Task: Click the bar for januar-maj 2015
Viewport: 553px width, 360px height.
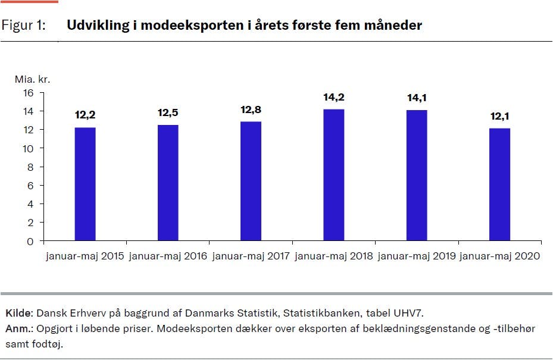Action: [x=85, y=184]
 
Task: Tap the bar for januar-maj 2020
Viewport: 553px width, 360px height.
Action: [x=499, y=184]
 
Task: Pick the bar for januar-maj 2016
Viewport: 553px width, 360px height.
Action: [x=168, y=183]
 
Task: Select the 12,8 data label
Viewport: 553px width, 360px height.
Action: [x=251, y=109]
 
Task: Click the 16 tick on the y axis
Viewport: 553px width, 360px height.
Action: [x=28, y=93]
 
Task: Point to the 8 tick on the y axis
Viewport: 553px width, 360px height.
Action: [x=30, y=167]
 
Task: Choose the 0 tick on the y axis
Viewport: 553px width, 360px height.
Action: [x=30, y=242]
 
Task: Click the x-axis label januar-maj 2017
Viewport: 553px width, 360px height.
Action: [x=251, y=256]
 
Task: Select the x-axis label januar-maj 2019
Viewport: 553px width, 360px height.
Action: [x=417, y=256]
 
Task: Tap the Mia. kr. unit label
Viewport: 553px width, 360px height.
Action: [x=28, y=79]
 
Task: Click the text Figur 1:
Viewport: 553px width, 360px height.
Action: [x=24, y=26]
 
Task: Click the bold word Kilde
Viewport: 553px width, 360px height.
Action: [x=18, y=313]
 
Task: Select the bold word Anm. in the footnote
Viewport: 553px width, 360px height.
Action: [x=17, y=328]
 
